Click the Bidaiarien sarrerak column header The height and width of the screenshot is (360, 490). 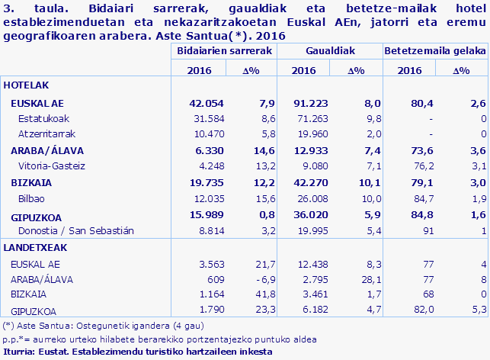coord(224,50)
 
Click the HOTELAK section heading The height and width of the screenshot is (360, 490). coord(25,86)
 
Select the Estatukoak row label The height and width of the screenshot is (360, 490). coord(45,119)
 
